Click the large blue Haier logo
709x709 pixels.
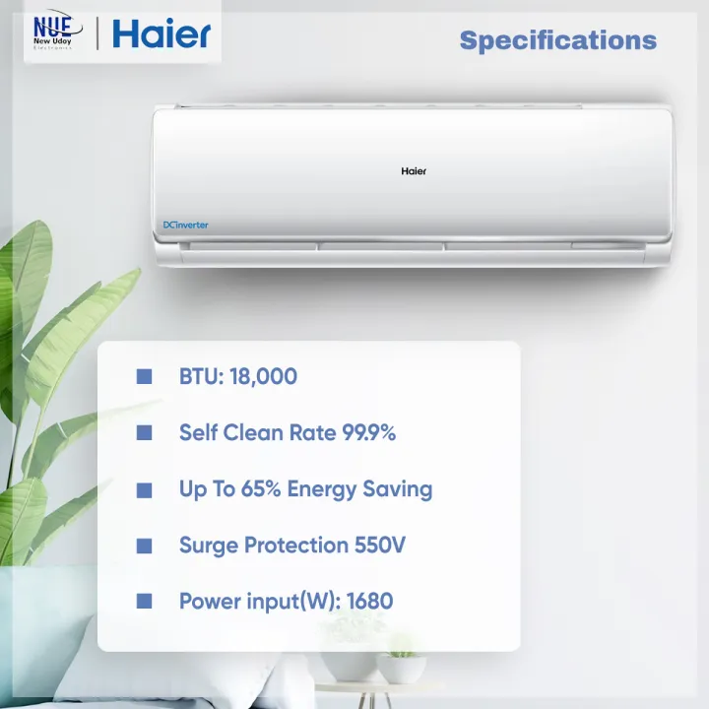(x=161, y=33)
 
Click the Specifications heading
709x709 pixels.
(x=557, y=40)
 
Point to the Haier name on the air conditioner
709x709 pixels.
(x=414, y=171)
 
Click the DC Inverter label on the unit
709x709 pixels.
(x=185, y=226)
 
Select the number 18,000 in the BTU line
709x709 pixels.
(x=263, y=376)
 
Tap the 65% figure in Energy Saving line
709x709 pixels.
(x=261, y=488)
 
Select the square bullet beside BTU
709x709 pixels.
(x=145, y=376)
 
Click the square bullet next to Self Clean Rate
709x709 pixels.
(x=145, y=432)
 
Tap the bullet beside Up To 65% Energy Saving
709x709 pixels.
(x=145, y=489)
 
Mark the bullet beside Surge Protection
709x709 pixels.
(x=145, y=545)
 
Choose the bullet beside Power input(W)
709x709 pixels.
(x=145, y=601)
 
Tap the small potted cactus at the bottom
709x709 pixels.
(x=402, y=662)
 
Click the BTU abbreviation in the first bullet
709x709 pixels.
(x=200, y=376)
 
